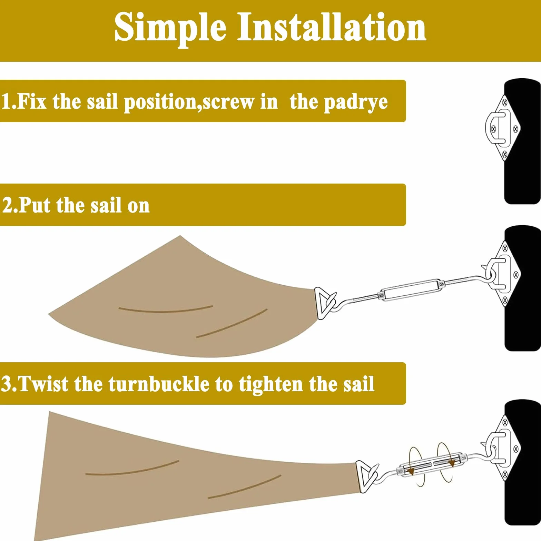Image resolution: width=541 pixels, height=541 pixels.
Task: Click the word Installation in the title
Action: tap(332, 26)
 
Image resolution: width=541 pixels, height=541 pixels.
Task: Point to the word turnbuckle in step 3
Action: tap(159, 384)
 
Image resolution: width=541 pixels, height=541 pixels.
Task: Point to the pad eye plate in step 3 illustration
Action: tap(504, 449)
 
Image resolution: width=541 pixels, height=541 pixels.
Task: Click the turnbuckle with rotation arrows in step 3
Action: tap(432, 464)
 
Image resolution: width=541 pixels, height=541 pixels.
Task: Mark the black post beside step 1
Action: tap(522, 141)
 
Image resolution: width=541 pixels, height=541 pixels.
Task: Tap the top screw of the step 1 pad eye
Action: tap(504, 102)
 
